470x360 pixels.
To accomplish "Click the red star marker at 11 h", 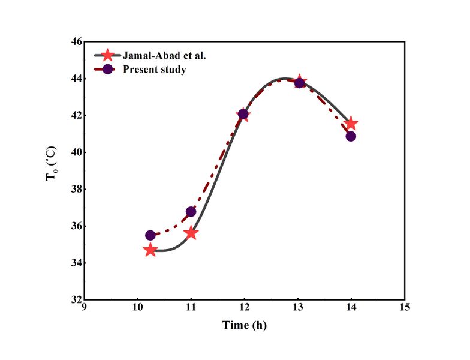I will coord(191,233).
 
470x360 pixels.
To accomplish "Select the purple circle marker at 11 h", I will coord(191,212).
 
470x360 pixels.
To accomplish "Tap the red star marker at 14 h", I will coord(351,124).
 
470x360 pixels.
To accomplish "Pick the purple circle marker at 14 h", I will coord(351,136).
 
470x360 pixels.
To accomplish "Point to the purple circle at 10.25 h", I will coord(150,236).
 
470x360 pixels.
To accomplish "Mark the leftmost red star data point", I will coord(150,250).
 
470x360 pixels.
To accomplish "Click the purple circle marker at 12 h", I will coord(243,114).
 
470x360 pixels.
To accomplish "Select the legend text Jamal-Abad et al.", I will coord(160,55).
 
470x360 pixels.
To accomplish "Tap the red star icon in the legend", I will coord(107,55).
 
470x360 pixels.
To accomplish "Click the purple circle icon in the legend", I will coord(107,69).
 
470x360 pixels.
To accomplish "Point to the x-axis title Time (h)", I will coord(244,326).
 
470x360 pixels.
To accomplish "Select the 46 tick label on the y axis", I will coord(76,42).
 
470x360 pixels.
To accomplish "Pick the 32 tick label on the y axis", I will coord(76,299).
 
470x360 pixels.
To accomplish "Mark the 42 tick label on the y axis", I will coord(76,116).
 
